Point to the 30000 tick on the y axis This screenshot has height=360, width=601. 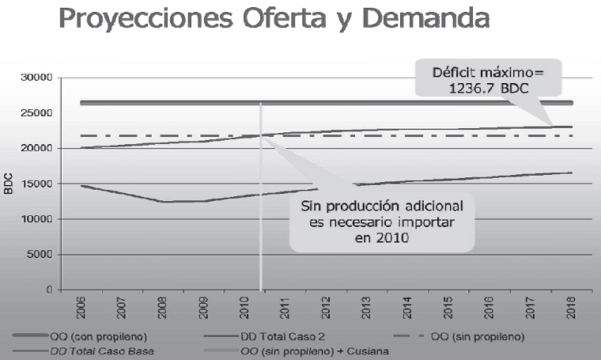pos(36,78)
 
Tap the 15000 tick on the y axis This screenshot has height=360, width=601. pos(36,184)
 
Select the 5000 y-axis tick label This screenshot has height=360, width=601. pos(40,255)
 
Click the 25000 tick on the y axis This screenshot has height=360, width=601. pos(36,113)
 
